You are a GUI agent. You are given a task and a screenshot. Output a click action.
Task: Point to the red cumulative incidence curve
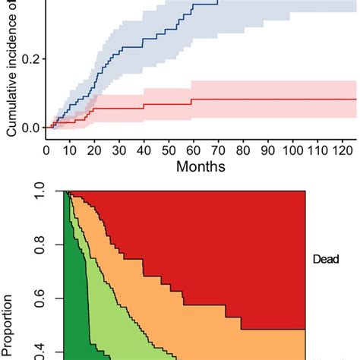(228, 99)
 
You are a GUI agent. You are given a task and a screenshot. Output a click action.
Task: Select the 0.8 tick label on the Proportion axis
(47, 247)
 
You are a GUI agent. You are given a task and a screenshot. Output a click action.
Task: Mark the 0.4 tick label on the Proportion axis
(47, 351)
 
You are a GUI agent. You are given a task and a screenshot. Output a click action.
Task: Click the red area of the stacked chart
(228, 243)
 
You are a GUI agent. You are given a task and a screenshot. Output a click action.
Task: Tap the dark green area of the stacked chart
(76, 304)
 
